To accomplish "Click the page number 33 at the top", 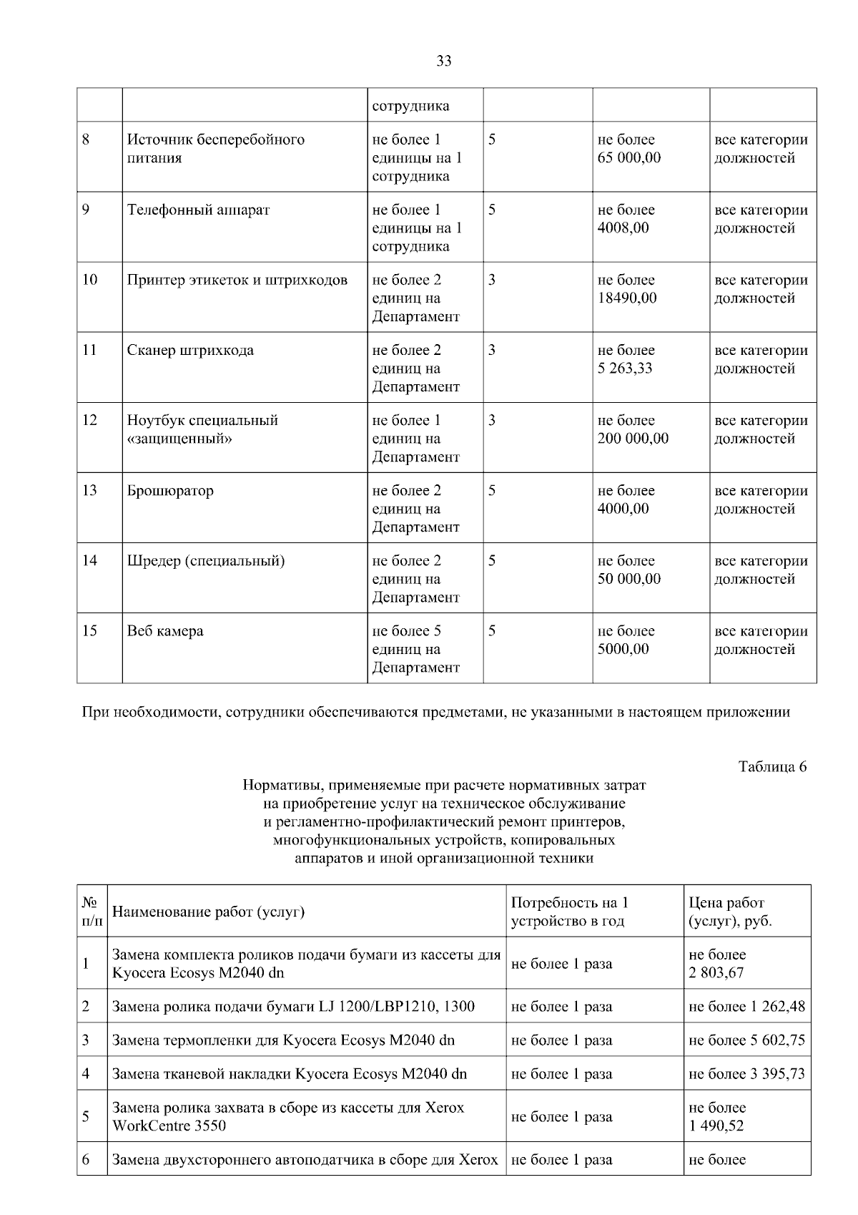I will point(443,62).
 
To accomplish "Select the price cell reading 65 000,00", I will point(629,158).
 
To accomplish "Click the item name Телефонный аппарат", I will point(198,210).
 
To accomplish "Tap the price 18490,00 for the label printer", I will point(627,298).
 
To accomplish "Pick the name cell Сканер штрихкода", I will point(190,351).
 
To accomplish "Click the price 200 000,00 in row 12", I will point(633,439).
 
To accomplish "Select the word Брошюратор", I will point(170,491).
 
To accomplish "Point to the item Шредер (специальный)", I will point(206,561).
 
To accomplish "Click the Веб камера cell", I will point(165,631).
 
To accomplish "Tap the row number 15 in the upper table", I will point(89,631).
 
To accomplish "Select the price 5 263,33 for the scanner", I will point(625,369).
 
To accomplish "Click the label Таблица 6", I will point(772,767).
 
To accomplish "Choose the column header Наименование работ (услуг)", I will point(209,912).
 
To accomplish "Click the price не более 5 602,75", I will point(746,1040).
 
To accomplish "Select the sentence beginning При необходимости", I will point(436,712).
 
